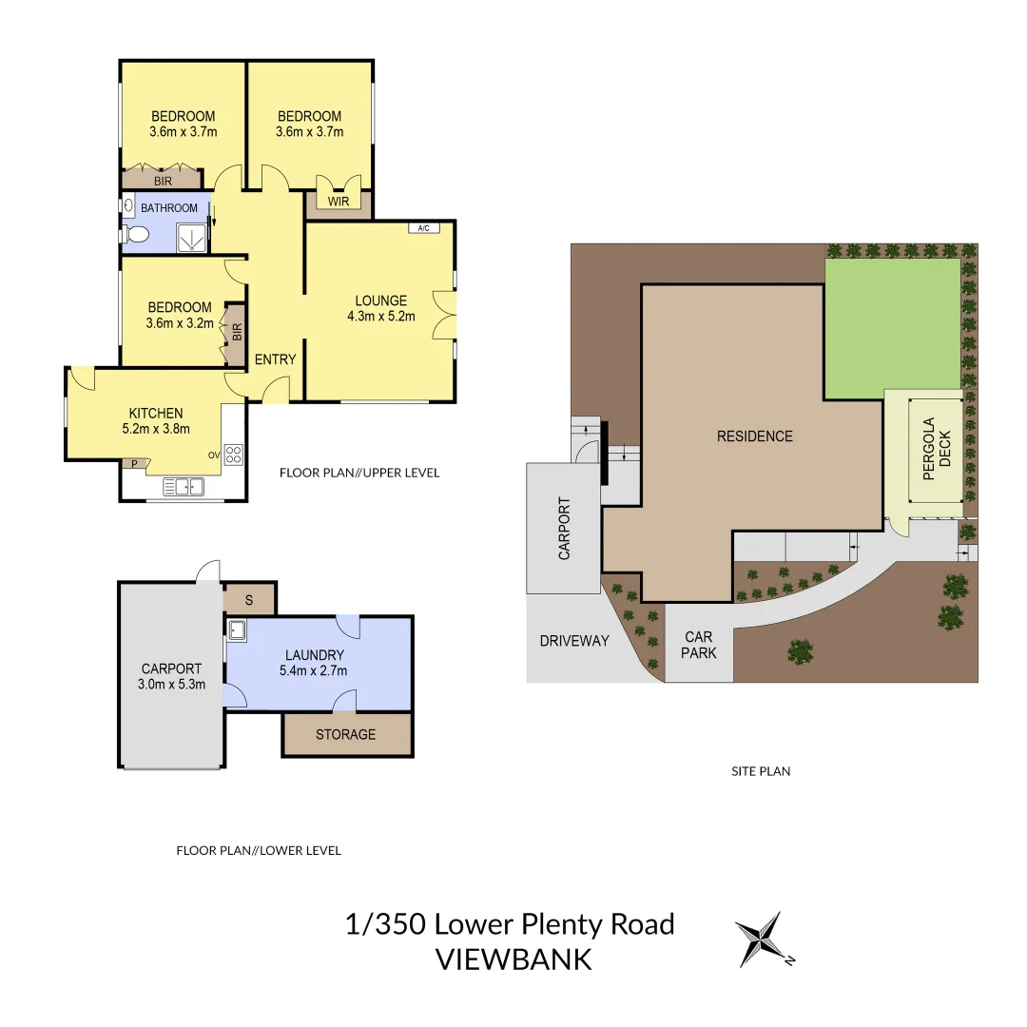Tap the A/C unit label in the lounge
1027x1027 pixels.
(423, 228)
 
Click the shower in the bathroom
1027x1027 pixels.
(191, 238)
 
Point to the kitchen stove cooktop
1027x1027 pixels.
(234, 455)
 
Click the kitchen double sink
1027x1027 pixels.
(184, 487)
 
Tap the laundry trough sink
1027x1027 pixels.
(235, 630)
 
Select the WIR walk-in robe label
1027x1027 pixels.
(339, 202)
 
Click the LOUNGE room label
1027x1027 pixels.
(380, 301)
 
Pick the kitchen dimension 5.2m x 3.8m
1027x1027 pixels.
(156, 429)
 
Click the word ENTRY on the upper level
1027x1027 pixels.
(275, 359)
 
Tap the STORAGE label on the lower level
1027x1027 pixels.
(345, 734)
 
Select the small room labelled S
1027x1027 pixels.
(249, 600)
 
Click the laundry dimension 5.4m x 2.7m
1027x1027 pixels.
(314, 670)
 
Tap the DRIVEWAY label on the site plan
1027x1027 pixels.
(573, 641)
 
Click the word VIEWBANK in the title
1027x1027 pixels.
(513, 959)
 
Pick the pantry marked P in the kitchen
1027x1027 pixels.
(134, 464)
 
